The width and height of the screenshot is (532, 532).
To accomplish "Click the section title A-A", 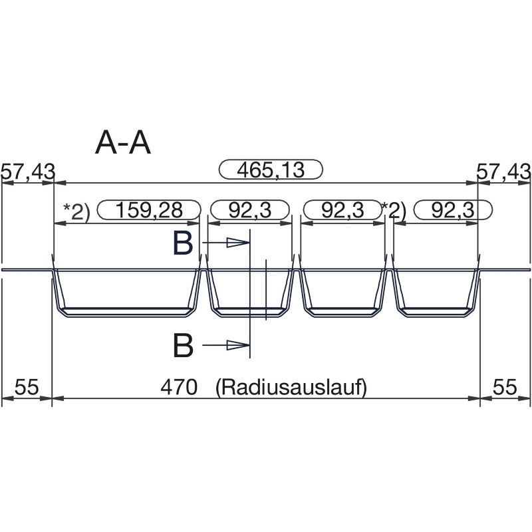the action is (123, 143).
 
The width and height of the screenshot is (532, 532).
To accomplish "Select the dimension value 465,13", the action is (271, 170).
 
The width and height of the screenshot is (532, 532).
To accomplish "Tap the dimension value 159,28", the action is (149, 210).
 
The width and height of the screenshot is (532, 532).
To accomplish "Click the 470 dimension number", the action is (179, 387).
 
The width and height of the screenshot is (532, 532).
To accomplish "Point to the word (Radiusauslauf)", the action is (291, 388).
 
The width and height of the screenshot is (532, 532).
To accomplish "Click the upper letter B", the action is (183, 243).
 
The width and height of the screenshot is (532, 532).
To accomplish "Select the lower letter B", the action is (183, 345).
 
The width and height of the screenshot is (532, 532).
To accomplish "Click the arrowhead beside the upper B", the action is (238, 243).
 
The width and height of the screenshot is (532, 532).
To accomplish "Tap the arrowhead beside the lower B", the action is (238, 345).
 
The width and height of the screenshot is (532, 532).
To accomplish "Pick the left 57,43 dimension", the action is (28, 172).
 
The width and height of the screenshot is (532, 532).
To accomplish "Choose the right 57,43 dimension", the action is (504, 172).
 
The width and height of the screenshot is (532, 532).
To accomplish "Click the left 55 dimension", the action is (27, 387).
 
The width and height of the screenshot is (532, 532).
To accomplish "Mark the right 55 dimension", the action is (505, 387).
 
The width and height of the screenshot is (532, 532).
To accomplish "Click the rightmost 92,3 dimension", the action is (453, 210).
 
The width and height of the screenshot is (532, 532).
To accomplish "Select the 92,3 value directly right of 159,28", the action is (250, 210).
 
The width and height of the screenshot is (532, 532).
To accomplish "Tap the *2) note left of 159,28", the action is (76, 211).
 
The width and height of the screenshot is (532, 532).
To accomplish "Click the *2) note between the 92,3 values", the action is (394, 210).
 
